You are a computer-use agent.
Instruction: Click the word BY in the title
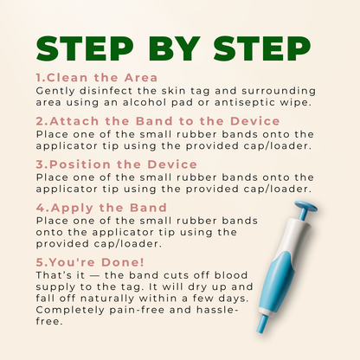[x=174, y=48]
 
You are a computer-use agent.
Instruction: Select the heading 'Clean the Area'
[x=102, y=78]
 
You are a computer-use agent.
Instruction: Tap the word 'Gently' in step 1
[x=55, y=91]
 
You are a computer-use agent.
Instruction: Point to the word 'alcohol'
[x=145, y=102]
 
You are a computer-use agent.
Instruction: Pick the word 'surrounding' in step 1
[x=279, y=91]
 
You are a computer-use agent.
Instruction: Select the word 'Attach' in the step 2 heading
[x=74, y=121]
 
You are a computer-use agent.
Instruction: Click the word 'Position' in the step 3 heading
[x=80, y=164]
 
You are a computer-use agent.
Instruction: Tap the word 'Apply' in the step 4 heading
[x=72, y=208]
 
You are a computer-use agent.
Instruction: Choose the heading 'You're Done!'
[x=97, y=262]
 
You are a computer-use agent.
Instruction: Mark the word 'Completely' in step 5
[x=70, y=310]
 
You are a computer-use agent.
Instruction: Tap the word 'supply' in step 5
[x=52, y=287]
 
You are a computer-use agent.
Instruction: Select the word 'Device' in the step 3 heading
[x=172, y=164]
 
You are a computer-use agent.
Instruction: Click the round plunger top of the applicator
[x=305, y=206]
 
